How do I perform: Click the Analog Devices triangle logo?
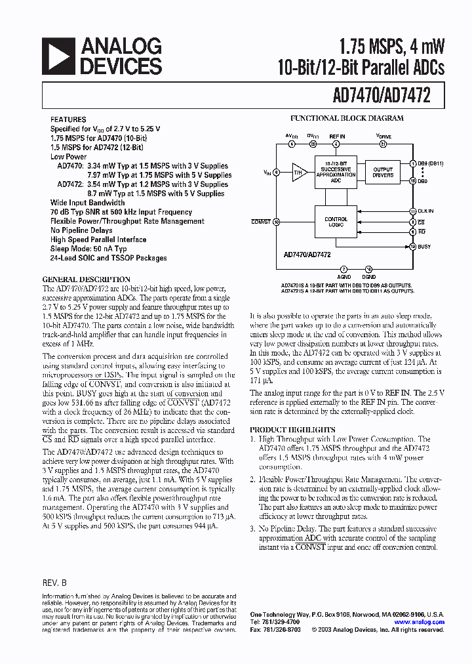point(57,56)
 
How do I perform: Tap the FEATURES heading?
point(68,119)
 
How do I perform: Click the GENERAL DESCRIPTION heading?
point(82,278)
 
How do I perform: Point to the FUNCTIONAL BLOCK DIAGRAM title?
point(347,119)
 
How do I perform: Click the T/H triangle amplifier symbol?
point(299,173)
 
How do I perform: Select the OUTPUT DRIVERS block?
point(383,173)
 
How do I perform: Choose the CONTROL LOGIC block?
point(336,222)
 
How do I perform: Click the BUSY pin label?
point(425,246)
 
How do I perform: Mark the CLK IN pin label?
point(426,211)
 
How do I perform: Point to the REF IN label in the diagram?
point(336,136)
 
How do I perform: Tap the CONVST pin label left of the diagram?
point(260,222)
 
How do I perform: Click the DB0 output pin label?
point(423,181)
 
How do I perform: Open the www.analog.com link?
point(419,622)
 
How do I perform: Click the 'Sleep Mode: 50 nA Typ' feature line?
point(88,249)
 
